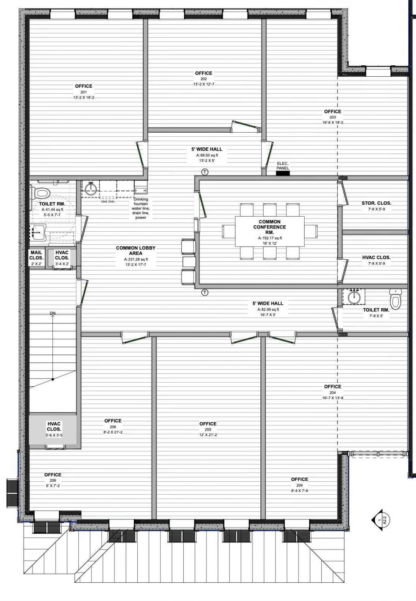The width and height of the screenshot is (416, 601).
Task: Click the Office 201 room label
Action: pos(84,86)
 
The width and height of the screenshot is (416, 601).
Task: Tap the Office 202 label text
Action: pos(204,73)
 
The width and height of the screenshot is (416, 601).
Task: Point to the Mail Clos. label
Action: pos(36,255)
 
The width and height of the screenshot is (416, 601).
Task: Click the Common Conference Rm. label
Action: pos(270,227)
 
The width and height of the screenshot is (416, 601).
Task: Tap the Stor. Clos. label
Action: pos(376,203)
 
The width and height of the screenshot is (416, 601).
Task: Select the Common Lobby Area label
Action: pos(136,250)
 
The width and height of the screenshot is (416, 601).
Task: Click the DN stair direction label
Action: pos(52,313)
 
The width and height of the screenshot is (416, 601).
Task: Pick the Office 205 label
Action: pos(208,424)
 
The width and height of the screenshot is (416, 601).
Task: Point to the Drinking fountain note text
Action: pos(141,208)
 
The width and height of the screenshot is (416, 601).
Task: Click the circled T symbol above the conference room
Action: pos(205,172)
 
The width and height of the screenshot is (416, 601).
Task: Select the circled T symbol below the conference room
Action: pos(205,292)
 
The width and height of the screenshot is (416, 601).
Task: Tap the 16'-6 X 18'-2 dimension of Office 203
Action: pos(333,123)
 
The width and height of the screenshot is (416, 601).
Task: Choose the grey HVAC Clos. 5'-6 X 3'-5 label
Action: pos(54,429)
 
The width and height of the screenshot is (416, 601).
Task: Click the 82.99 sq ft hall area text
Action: pos(268,309)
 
